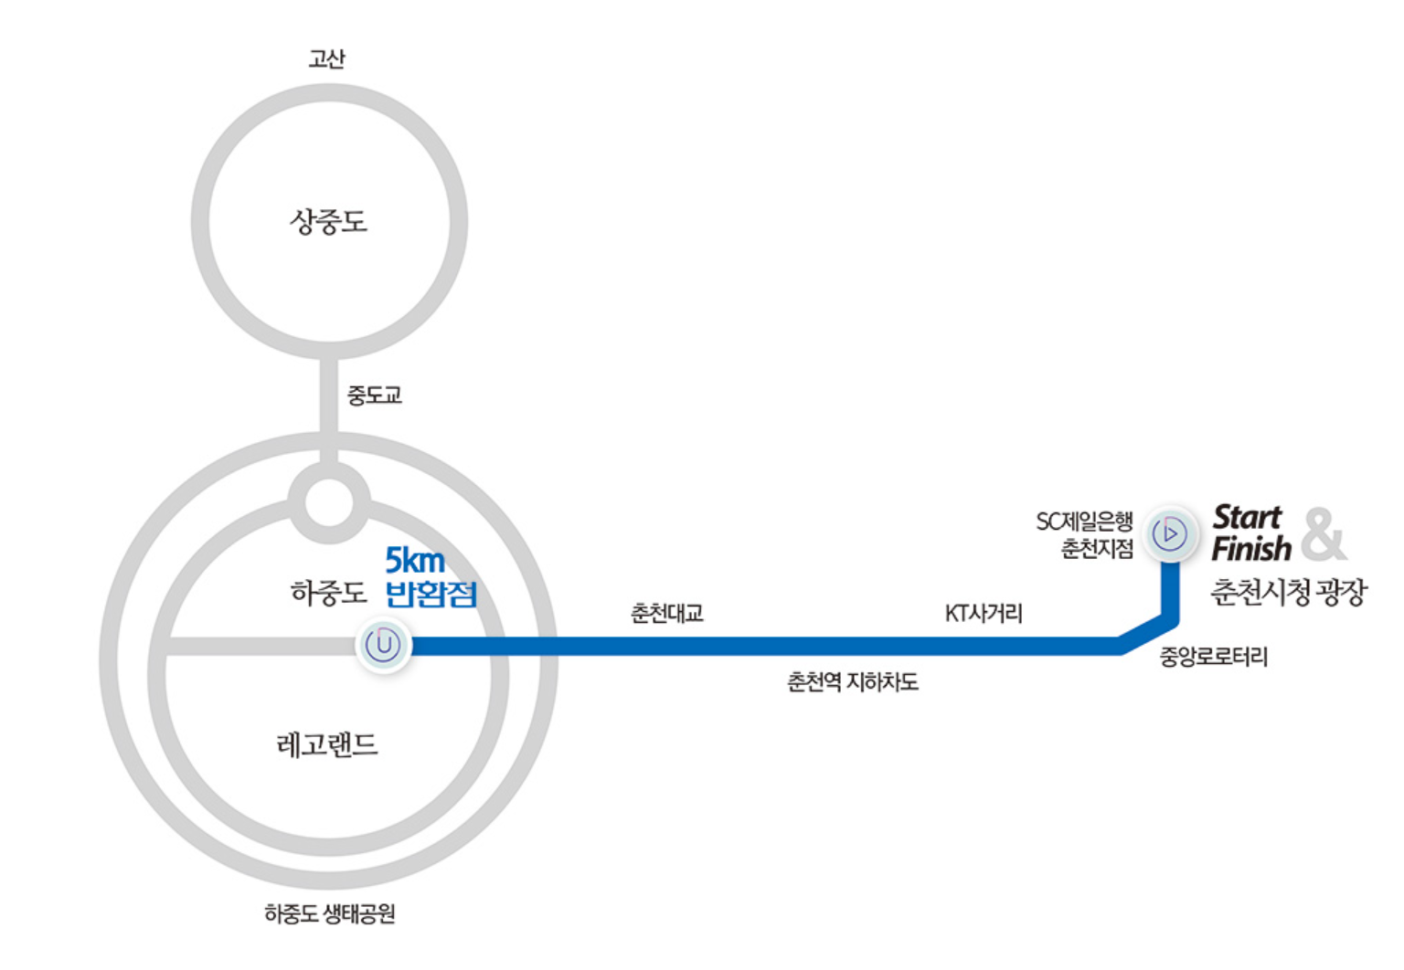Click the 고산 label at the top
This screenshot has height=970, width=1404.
click(x=326, y=59)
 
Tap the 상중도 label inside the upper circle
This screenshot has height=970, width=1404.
click(x=328, y=221)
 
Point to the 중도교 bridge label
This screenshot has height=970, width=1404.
click(x=374, y=395)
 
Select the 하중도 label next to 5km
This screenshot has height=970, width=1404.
click(x=328, y=593)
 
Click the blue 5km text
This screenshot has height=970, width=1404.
click(x=415, y=559)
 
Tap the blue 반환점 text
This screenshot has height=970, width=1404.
click(x=431, y=594)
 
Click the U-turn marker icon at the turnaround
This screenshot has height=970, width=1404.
click(x=383, y=645)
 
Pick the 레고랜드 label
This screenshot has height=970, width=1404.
click(x=327, y=744)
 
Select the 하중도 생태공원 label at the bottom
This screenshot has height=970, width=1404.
click(x=329, y=912)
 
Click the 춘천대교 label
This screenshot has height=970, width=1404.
click(x=667, y=614)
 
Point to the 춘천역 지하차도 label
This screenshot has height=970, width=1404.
click(x=852, y=681)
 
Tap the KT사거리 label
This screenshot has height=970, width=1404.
click(x=984, y=614)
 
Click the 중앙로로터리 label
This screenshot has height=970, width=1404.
click(x=1213, y=657)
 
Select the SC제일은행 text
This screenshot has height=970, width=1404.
click(x=1084, y=522)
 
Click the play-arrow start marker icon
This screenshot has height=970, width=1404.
click(x=1170, y=533)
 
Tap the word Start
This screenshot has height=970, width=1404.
click(x=1247, y=517)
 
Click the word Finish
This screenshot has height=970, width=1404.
click(x=1250, y=549)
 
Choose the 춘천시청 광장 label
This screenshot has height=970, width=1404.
click(x=1288, y=593)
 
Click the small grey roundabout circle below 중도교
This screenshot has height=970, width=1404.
click(x=329, y=501)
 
